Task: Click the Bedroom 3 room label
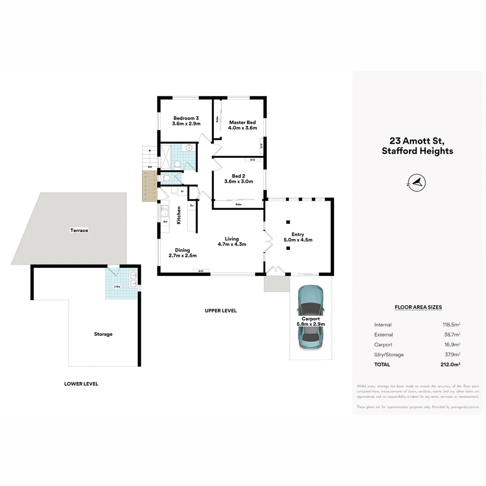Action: [186, 118]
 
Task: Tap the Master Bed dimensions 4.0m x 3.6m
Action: [243, 128]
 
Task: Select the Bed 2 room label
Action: [238, 176]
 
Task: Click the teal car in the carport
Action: [310, 317]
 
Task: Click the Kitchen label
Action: [179, 216]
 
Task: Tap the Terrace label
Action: [79, 230]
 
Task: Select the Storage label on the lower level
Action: [103, 334]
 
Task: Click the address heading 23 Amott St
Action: [417, 141]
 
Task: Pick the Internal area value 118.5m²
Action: [451, 324]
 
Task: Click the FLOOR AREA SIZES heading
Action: [418, 307]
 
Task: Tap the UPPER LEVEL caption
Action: [220, 310]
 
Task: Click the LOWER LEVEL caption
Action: [81, 384]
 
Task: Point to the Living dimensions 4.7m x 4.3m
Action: [232, 244]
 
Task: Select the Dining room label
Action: [183, 250]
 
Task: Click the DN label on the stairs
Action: [150, 167]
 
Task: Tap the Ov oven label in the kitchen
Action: [192, 205]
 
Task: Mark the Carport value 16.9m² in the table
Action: [451, 345]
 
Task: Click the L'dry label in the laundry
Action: [117, 287]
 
